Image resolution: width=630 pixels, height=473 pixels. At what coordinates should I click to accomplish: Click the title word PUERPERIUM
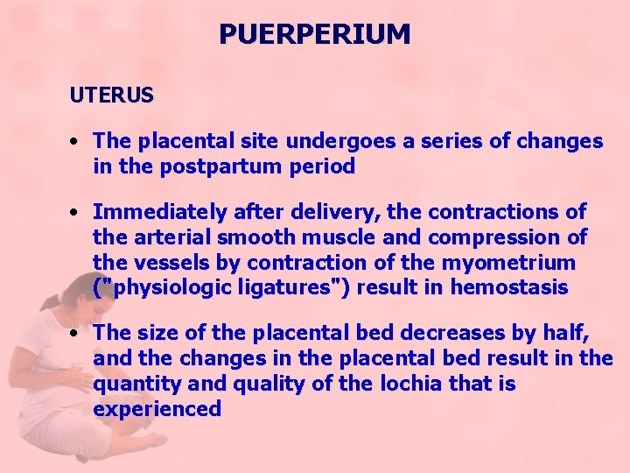(x=314, y=34)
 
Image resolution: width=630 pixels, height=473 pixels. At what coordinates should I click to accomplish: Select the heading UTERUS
(x=112, y=95)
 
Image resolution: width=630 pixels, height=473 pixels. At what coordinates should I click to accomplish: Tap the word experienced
(x=157, y=410)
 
